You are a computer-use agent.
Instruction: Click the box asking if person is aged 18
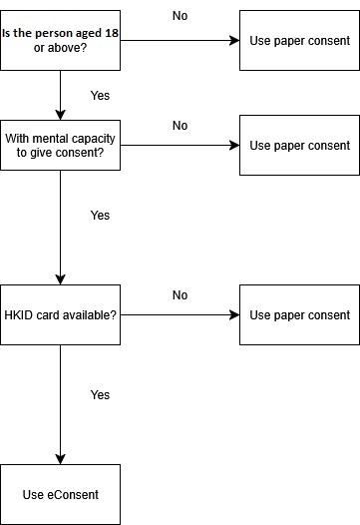point(60,41)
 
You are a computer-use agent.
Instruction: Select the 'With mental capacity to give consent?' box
point(60,146)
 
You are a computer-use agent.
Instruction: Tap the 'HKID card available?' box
point(60,315)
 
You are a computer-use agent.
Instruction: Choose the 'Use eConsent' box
point(60,494)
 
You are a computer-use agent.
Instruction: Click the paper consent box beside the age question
point(299,41)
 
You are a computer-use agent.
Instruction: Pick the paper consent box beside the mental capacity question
point(299,146)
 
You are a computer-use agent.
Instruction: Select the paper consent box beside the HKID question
point(299,315)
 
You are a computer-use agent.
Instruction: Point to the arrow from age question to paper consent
point(180,41)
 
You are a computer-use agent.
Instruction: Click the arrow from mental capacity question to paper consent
point(180,146)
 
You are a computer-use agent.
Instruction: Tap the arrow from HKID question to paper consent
point(180,315)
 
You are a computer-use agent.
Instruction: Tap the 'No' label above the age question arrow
point(180,16)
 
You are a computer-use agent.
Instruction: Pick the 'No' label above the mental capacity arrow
point(180,126)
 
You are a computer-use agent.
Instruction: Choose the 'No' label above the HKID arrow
point(180,295)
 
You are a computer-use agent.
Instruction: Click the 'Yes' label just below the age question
point(100,96)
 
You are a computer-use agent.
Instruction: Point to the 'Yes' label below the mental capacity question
point(100,216)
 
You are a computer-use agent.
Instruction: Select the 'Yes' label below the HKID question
point(100,395)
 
